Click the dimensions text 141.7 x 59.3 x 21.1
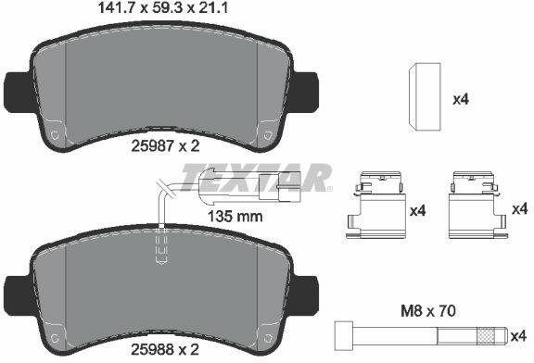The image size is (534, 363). pos(163,7)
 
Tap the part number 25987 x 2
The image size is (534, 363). pos(165,146)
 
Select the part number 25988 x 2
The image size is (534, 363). pos(165,350)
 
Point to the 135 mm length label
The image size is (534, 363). pos(235,217)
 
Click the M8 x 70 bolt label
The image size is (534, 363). pos(427,311)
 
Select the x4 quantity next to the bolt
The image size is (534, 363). pos(519,336)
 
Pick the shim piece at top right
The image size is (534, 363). pos(425,96)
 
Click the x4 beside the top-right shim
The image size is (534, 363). pos(461,100)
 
